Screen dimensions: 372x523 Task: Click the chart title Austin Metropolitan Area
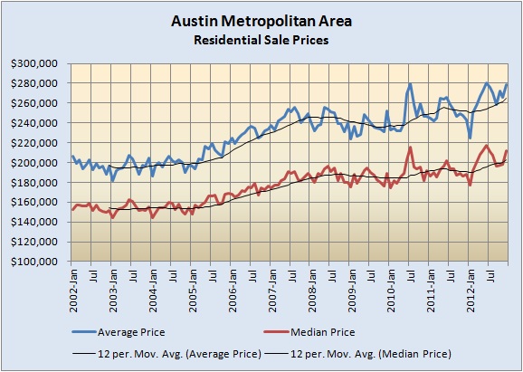(261, 19)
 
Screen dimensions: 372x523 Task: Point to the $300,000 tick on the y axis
(37, 63)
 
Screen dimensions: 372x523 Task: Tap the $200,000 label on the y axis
(37, 163)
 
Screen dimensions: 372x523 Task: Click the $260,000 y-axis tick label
(37, 103)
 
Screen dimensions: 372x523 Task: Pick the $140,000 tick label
(37, 223)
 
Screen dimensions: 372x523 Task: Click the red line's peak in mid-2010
(411, 148)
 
